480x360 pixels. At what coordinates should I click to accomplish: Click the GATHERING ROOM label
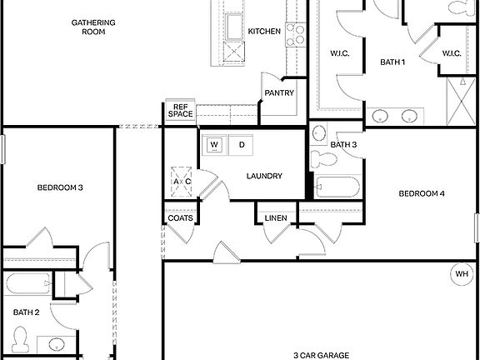(x=93, y=27)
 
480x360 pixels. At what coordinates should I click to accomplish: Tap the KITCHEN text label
(x=263, y=32)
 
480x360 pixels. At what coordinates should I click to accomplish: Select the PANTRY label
(x=279, y=93)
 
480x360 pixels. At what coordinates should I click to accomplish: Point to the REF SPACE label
(x=181, y=110)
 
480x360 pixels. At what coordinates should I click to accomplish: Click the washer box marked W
(x=214, y=145)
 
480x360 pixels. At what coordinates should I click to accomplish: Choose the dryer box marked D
(x=242, y=145)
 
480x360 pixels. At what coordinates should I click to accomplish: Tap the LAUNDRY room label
(x=264, y=176)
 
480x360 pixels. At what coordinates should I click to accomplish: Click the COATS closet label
(x=181, y=218)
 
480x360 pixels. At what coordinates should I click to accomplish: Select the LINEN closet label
(x=276, y=218)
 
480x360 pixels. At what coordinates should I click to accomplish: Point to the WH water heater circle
(x=462, y=273)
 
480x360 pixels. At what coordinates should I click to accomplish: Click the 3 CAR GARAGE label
(x=320, y=354)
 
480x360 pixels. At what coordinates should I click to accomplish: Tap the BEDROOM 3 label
(x=60, y=187)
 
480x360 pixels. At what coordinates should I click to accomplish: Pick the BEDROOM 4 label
(x=421, y=194)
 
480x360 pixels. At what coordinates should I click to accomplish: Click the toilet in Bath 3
(x=320, y=157)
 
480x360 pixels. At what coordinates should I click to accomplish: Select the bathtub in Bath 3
(x=337, y=187)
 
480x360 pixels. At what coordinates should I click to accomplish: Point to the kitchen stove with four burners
(x=296, y=34)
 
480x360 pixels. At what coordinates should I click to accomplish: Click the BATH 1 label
(x=392, y=62)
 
